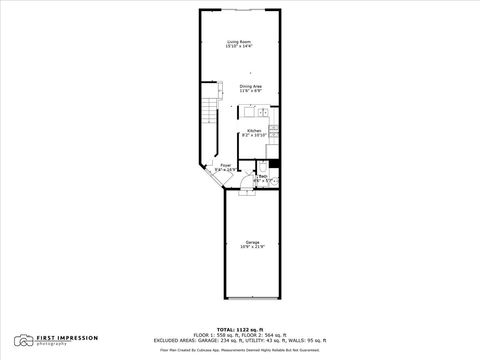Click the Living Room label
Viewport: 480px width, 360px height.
click(x=239, y=41)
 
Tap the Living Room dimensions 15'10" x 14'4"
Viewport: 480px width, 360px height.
click(x=239, y=47)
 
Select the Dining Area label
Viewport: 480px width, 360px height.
click(x=251, y=86)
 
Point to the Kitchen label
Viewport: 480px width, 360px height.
click(x=253, y=130)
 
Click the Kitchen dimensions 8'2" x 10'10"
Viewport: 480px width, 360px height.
click(x=253, y=136)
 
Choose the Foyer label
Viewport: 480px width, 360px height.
click(x=226, y=165)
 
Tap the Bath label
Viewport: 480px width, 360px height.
click(x=263, y=176)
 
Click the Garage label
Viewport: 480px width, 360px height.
click(x=251, y=242)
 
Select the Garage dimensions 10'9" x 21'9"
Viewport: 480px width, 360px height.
click(x=251, y=248)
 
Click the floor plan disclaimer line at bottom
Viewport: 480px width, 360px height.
click(x=239, y=348)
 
